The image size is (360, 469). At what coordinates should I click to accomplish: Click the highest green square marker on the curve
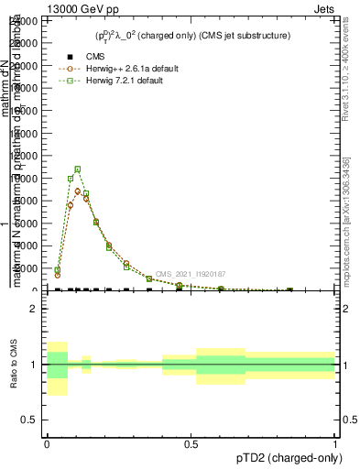[x=78, y=169]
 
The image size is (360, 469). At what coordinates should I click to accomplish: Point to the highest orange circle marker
[x=78, y=191]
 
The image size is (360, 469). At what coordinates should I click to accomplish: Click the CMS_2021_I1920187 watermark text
[x=190, y=274]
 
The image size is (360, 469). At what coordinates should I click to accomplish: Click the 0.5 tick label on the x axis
[x=191, y=443]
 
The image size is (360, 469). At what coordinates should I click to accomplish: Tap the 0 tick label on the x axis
[x=47, y=443]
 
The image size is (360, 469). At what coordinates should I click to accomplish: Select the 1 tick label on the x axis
[x=335, y=443]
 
